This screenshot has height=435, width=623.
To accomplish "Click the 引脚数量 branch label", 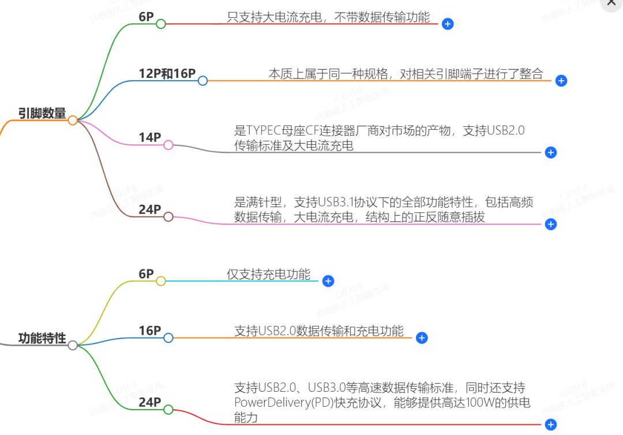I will pyautogui.click(x=42, y=114).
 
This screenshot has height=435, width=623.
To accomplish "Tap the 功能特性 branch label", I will pyautogui.click(x=42, y=338).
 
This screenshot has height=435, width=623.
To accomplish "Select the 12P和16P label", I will pyautogui.click(x=167, y=74).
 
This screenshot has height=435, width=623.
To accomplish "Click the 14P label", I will pyautogui.click(x=149, y=137).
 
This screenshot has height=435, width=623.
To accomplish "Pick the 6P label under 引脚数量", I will pyautogui.click(x=146, y=17).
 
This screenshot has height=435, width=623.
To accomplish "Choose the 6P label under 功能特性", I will pyautogui.click(x=146, y=274).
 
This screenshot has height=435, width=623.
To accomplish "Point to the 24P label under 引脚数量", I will pyautogui.click(x=149, y=209).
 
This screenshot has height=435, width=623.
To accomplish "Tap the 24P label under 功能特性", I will pyautogui.click(x=149, y=402).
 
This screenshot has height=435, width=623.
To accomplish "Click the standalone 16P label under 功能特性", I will pyautogui.click(x=149, y=331).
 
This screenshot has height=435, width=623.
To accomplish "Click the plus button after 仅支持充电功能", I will pyautogui.click(x=328, y=281).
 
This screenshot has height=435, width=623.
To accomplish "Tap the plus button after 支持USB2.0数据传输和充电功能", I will pyautogui.click(x=422, y=338).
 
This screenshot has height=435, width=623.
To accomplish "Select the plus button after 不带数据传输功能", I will pyautogui.click(x=448, y=24).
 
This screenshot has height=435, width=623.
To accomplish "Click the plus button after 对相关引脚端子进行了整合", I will pyautogui.click(x=561, y=81).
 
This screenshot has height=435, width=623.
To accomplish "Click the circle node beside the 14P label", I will pyautogui.click(x=168, y=145).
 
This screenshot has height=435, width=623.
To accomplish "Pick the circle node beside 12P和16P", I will pyautogui.click(x=202, y=81).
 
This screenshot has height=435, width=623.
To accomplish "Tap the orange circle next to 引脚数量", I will pyautogui.click(x=73, y=121).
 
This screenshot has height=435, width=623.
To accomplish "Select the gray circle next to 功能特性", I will pyautogui.click(x=73, y=346).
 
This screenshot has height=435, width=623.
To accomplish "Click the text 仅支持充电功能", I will pyautogui.click(x=268, y=274).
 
